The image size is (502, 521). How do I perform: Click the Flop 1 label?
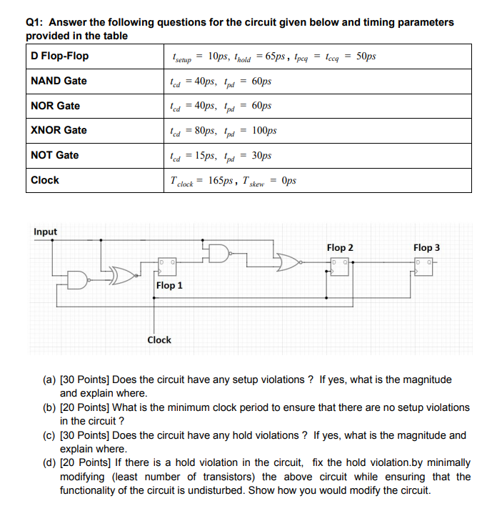click(x=169, y=285)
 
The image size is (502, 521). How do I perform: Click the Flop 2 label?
click(x=340, y=247)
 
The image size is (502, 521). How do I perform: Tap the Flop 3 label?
click(x=426, y=247)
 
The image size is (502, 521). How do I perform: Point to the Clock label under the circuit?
click(x=159, y=340)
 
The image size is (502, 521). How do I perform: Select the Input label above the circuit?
click(x=45, y=232)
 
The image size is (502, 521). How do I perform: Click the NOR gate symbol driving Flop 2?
click(x=289, y=263)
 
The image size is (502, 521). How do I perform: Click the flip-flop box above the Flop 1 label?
click(x=168, y=267)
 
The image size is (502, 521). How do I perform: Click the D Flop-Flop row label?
click(x=60, y=56)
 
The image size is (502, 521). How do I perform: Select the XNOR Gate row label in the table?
click(x=59, y=130)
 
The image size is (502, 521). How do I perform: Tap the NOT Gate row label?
click(x=55, y=155)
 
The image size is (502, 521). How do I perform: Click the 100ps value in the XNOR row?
click(x=264, y=131)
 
